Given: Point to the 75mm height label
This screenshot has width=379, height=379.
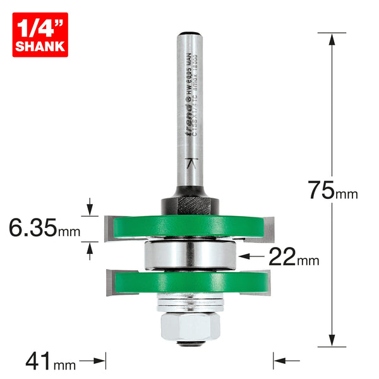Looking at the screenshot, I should click(x=330, y=190).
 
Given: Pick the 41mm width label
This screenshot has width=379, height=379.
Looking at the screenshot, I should click(x=51, y=362).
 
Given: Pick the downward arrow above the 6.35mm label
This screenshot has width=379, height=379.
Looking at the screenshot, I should click(x=91, y=207).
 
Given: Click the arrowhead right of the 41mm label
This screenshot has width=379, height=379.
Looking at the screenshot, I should click(x=100, y=362).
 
